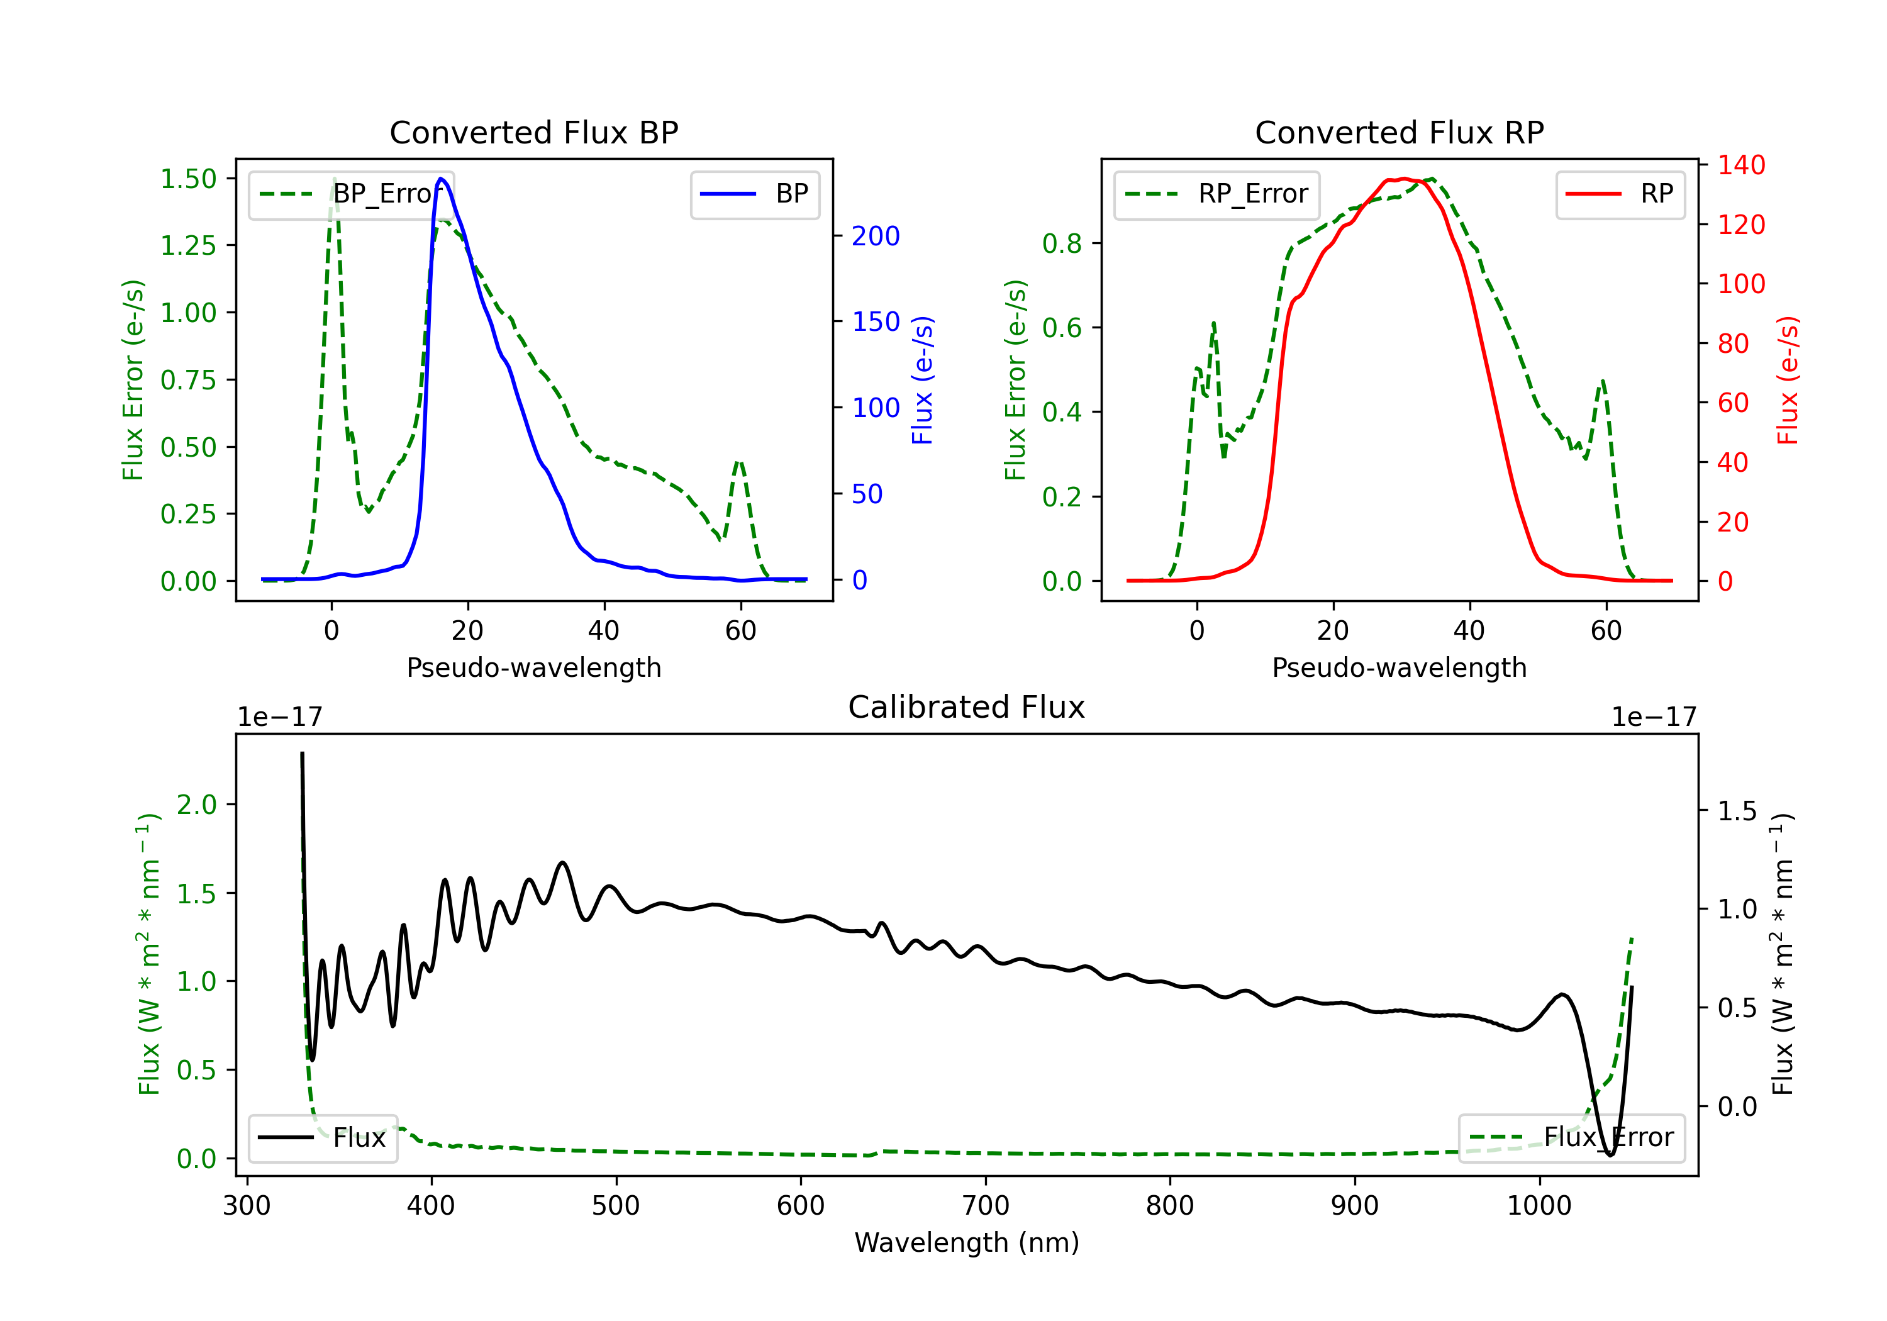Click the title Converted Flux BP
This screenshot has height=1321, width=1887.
[533, 132]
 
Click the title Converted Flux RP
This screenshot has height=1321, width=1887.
[1399, 132]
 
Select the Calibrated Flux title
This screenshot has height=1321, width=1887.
[967, 707]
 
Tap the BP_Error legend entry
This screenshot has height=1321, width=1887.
[350, 194]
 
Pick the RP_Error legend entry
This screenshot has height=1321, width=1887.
[1216, 194]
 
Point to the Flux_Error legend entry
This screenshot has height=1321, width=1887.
[1571, 1138]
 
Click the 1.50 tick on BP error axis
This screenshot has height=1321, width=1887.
[188, 179]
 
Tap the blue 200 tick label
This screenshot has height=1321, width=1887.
[876, 236]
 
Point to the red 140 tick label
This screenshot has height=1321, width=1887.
[1742, 165]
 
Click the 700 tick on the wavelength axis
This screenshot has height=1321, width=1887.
[986, 1205]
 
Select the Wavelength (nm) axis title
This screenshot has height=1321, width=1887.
[967, 1242]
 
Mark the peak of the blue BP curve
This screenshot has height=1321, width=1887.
[442, 179]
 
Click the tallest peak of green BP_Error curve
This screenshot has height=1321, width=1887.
[333, 179]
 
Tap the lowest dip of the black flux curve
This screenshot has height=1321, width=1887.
[1610, 1155]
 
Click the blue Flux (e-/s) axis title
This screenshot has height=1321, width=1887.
[922, 380]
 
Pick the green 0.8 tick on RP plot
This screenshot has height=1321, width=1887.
[1062, 243]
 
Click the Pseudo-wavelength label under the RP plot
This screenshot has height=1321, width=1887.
[1399, 667]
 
